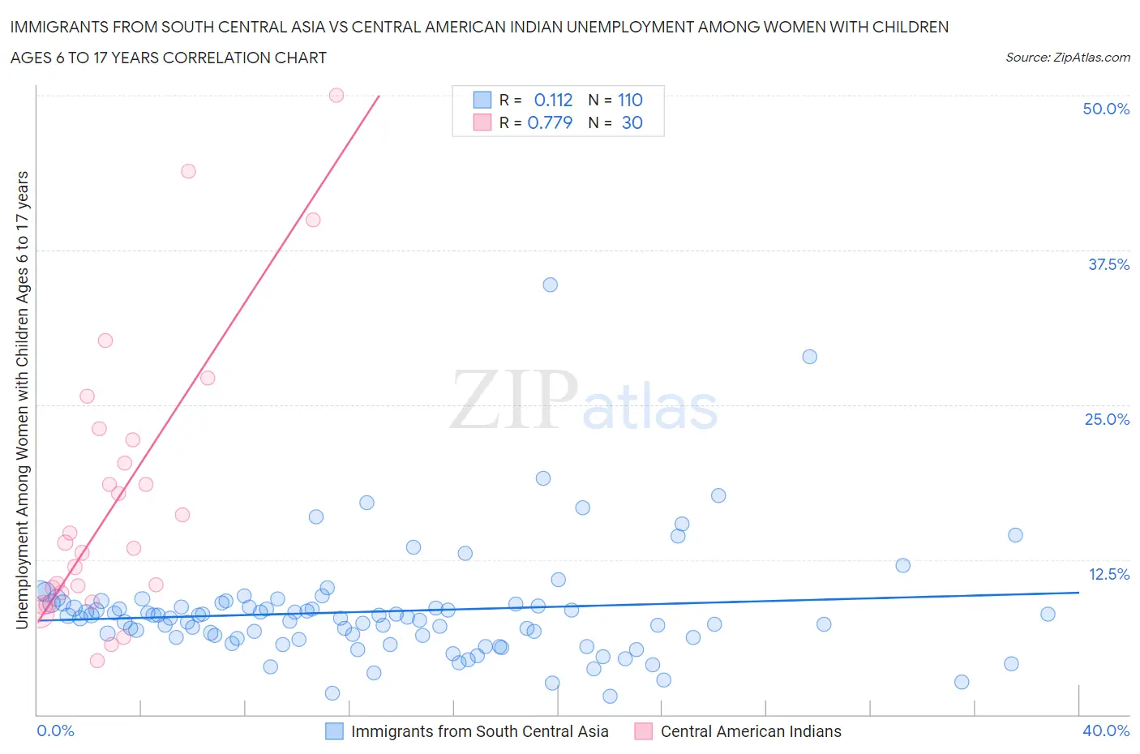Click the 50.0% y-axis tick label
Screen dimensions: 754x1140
[x=1106, y=109]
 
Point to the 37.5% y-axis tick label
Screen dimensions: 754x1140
[x=1108, y=264]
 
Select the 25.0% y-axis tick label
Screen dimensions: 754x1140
[x=1107, y=419]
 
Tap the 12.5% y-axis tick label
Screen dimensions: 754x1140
[x=1108, y=574]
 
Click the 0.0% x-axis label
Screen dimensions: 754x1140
[x=55, y=730]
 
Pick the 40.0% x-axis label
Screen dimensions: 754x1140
[x=1106, y=730]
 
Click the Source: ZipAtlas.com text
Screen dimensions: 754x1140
[x=1067, y=57]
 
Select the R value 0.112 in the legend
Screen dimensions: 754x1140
[x=553, y=100]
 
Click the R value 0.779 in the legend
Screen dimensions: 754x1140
[x=550, y=122]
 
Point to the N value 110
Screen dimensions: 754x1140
[x=630, y=100]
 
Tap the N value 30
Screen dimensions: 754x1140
[x=632, y=122]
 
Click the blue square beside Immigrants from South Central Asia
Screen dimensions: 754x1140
[x=334, y=731]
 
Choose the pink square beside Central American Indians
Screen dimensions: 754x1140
[x=644, y=731]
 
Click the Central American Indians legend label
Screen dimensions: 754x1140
[x=751, y=731]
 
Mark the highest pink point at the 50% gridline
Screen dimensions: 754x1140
[x=336, y=95]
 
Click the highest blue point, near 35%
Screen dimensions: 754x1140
[x=550, y=285]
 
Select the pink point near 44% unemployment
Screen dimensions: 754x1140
[x=188, y=171]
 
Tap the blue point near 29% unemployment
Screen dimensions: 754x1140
[x=809, y=357]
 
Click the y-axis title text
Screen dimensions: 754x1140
[x=22, y=400]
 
